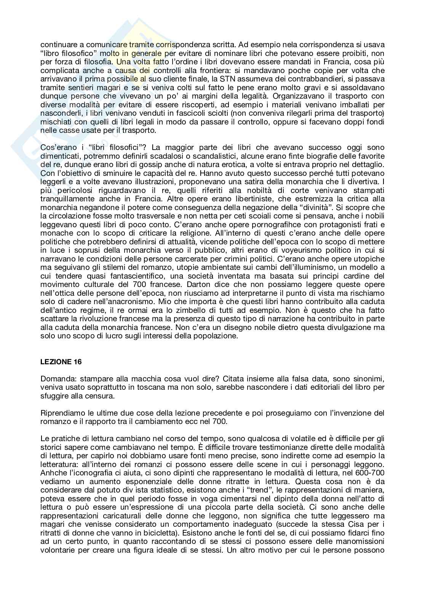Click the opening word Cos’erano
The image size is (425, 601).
59,147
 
